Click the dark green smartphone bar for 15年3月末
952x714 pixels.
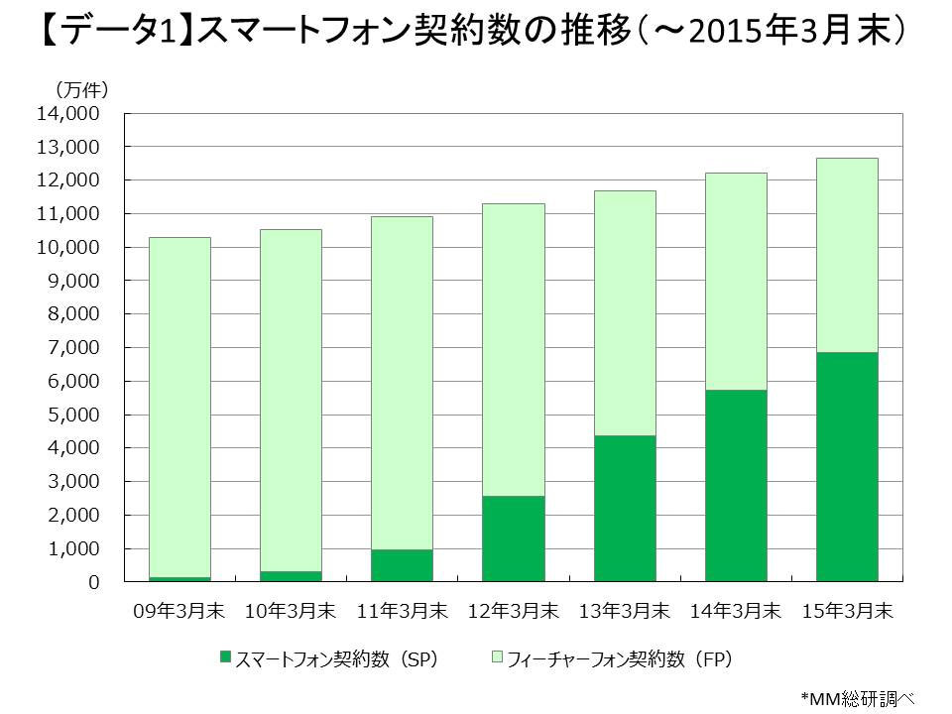(x=846, y=466)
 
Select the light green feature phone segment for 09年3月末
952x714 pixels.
(x=178, y=407)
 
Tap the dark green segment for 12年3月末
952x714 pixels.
(x=513, y=538)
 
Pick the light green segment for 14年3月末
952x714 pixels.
(x=735, y=282)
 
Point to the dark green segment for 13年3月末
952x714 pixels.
(x=624, y=508)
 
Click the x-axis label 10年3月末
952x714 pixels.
(x=290, y=611)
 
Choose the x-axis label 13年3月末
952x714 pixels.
(x=624, y=611)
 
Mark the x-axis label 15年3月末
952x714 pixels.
(x=846, y=611)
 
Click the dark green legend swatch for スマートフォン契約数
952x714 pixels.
(x=225, y=657)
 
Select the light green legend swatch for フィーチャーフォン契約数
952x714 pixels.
(x=497, y=657)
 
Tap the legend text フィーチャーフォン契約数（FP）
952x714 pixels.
(x=619, y=658)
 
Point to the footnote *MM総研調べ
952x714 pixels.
(x=856, y=697)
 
